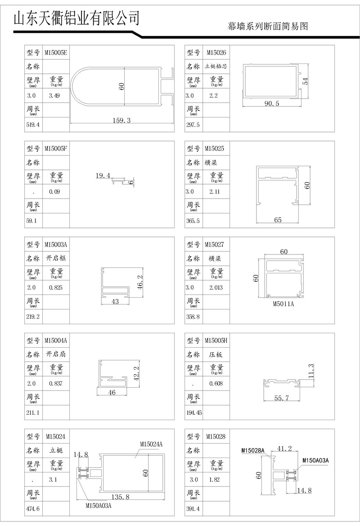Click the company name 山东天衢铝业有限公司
76,18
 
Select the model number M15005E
55,53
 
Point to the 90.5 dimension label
271,104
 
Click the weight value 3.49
54,96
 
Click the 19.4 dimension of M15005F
103,175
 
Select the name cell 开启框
56,258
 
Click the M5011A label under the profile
283,304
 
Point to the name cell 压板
216,354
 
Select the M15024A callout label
151,444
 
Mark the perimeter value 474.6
33,509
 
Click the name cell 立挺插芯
216,67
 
